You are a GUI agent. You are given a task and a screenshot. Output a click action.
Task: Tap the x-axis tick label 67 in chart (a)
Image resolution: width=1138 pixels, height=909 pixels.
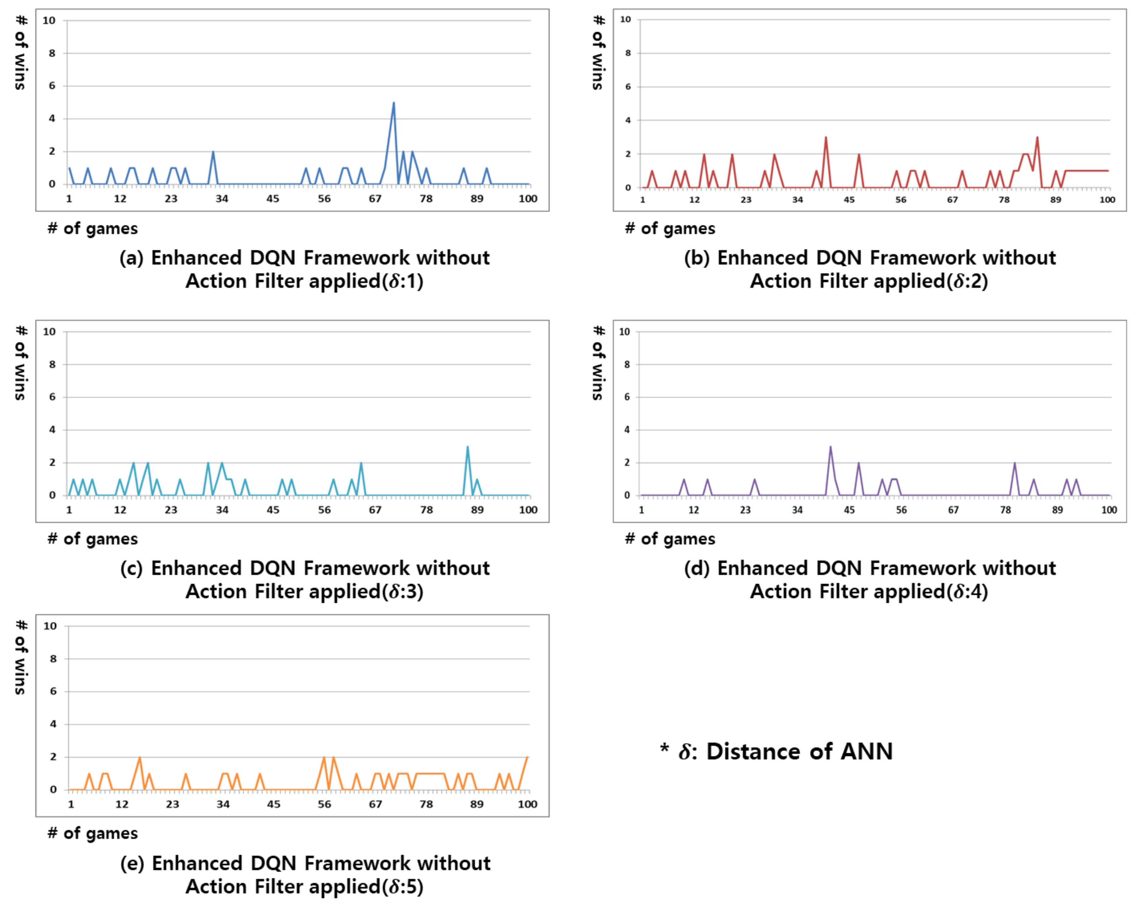point(375,199)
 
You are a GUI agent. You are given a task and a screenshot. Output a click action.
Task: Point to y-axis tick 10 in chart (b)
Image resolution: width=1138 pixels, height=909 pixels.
point(626,19)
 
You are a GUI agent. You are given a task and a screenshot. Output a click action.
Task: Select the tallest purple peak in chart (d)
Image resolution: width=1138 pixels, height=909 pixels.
point(830,447)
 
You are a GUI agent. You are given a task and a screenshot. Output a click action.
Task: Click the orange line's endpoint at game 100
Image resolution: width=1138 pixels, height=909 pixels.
point(527,757)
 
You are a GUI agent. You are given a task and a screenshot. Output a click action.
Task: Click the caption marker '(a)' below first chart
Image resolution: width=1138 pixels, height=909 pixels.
point(131,258)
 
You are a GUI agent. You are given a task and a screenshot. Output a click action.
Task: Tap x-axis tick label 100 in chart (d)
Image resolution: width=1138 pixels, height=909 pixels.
point(1108,510)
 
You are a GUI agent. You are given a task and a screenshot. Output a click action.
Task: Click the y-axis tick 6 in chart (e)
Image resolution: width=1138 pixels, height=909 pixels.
point(53,692)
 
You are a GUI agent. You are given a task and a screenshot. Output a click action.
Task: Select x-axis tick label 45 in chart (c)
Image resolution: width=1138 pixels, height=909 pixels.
point(272,510)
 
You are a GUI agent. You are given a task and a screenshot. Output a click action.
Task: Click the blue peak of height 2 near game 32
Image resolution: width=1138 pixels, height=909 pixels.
point(213,152)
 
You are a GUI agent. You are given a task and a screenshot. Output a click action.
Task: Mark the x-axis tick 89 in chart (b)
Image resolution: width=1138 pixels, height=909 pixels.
point(1055,200)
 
